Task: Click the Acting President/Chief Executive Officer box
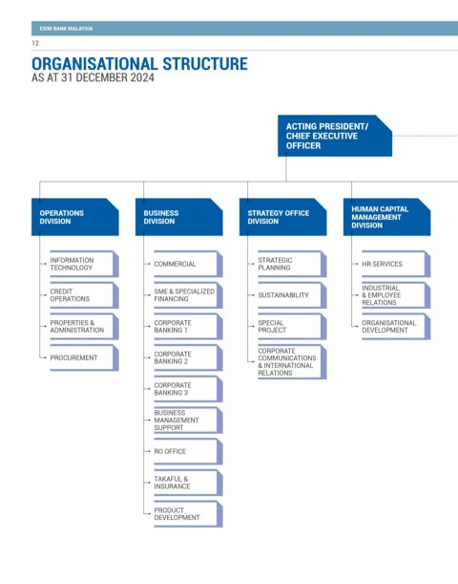[335, 136]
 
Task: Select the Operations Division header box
[75, 217]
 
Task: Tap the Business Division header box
[179, 217]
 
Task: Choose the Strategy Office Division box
[282, 217]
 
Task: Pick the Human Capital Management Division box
[387, 217]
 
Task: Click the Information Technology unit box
[84, 264]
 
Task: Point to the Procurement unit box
[84, 357]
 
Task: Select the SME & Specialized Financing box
[189, 295]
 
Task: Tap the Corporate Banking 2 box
[189, 357]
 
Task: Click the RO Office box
[189, 451]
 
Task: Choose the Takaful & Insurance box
[189, 483]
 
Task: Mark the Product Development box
[189, 514]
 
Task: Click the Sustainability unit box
[292, 295]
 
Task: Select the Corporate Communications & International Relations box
[292, 361]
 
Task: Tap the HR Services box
[396, 264]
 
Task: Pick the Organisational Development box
[396, 326]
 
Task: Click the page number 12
[35, 43]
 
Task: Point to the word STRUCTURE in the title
[205, 64]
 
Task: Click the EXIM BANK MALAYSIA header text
[66, 29]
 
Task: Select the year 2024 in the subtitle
[142, 77]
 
